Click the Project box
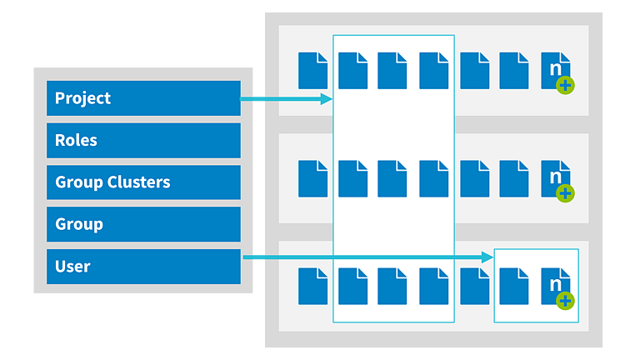click(x=143, y=98)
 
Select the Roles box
click(x=143, y=140)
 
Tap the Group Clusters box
click(x=143, y=182)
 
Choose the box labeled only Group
click(x=143, y=224)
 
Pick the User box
click(x=143, y=267)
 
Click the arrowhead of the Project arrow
click(x=327, y=99)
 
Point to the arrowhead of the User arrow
click(x=487, y=257)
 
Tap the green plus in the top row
click(x=565, y=86)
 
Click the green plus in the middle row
click(x=565, y=193)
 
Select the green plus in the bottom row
click(x=565, y=301)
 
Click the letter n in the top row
click(x=556, y=68)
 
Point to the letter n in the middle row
click(x=556, y=177)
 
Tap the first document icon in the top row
click(x=312, y=71)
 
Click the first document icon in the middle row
click(x=312, y=179)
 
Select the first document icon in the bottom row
click(x=312, y=287)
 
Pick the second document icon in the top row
click(x=353, y=71)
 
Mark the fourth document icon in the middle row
click(x=434, y=179)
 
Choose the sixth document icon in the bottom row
click(x=514, y=287)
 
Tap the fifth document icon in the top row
click(x=475, y=71)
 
